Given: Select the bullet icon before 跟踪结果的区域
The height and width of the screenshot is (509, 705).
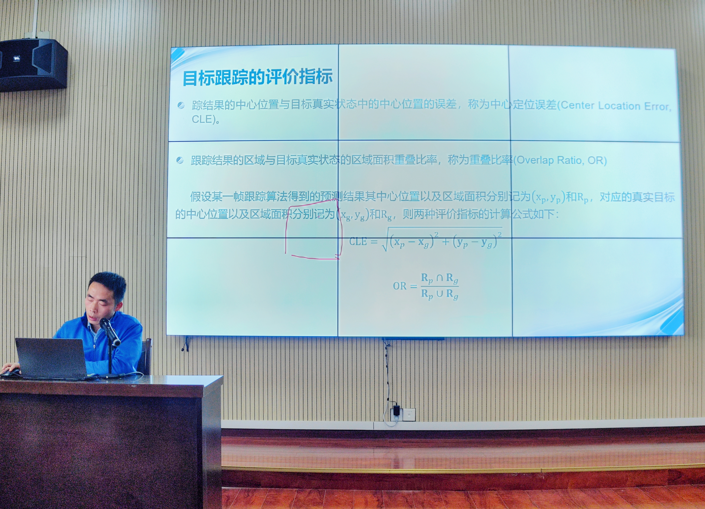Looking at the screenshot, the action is (180, 160).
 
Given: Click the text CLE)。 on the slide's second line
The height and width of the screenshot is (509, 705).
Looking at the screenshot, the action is (206, 119).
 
